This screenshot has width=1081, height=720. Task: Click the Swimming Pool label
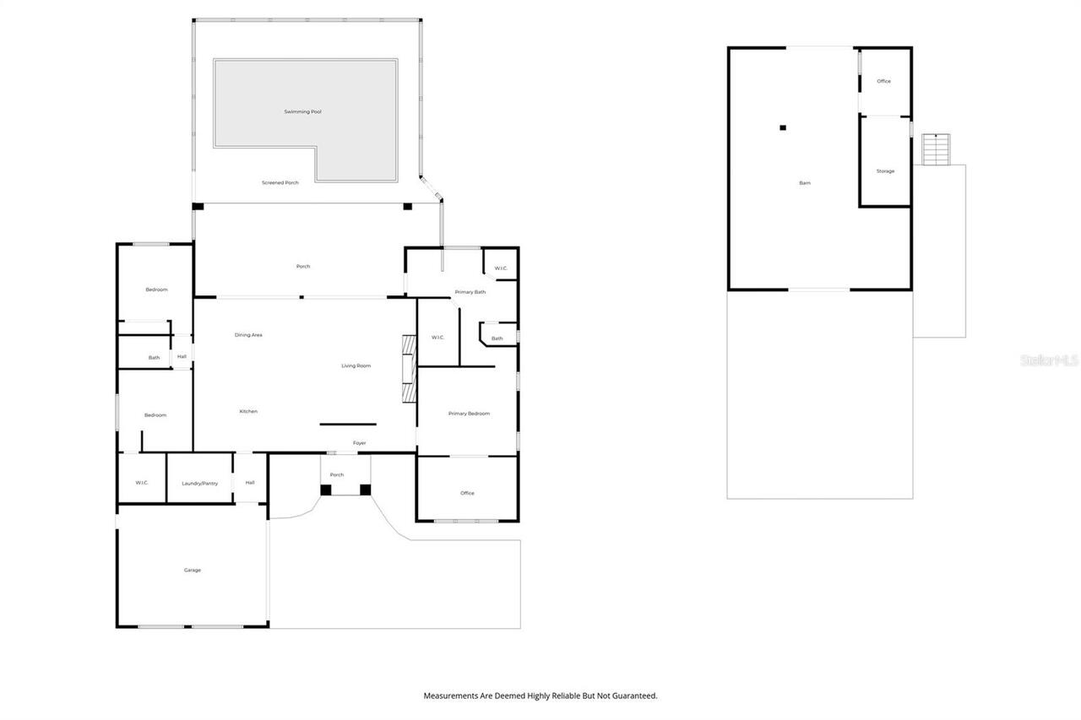click(x=302, y=112)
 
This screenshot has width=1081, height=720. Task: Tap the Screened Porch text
click(x=280, y=183)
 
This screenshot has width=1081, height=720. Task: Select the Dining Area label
click(x=248, y=335)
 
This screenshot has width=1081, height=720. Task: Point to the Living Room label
click(x=356, y=366)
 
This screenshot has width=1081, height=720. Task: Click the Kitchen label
click(x=248, y=411)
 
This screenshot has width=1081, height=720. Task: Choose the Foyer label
click(x=360, y=443)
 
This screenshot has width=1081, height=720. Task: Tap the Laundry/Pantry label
click(x=200, y=484)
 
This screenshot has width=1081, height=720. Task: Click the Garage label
click(x=192, y=570)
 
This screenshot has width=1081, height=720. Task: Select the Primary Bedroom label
click(x=469, y=414)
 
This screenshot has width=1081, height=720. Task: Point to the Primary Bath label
click(x=470, y=292)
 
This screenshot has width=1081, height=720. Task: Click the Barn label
click(x=805, y=183)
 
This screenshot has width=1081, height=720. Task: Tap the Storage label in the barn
click(x=886, y=171)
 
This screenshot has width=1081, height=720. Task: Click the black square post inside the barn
click(x=783, y=127)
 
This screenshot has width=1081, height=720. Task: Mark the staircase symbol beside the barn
click(x=936, y=149)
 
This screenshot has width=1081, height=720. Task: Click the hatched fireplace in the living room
click(x=409, y=369)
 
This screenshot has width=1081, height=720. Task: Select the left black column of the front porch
click(x=326, y=490)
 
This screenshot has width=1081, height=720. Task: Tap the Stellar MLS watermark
click(x=1049, y=360)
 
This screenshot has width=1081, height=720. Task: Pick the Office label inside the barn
click(x=883, y=81)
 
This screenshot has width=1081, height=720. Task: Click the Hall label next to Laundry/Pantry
click(x=250, y=483)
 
